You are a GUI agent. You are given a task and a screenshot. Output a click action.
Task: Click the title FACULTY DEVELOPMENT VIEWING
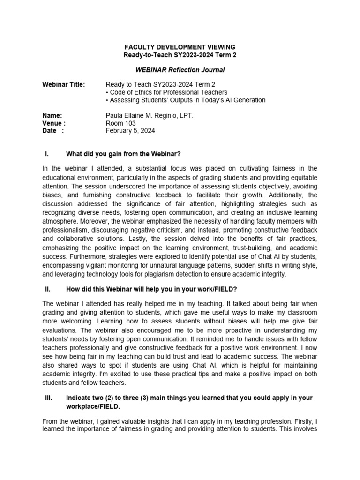pyautogui.click(x=180, y=47)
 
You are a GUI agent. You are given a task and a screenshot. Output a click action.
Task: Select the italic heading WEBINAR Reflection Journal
pyautogui.click(x=180, y=70)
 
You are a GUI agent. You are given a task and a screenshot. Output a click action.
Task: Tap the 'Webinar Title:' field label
pyautogui.click(x=64, y=85)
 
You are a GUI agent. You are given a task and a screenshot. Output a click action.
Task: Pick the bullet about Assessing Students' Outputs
pyautogui.click(x=186, y=100)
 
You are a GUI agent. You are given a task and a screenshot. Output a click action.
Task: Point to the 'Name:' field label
pyautogui.click(x=52, y=115)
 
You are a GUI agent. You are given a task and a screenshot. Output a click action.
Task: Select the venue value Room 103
pyautogui.click(x=121, y=123)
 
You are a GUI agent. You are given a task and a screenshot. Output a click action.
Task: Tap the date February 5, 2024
pyautogui.click(x=130, y=131)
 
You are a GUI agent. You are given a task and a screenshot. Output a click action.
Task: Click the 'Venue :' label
pyautogui.click(x=54, y=123)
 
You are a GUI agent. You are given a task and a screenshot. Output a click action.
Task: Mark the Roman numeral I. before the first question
pyautogui.click(x=47, y=154)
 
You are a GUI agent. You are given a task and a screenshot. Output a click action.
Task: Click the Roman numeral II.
pyautogui.click(x=47, y=289)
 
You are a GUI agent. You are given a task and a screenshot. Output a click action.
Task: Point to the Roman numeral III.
pyautogui.click(x=48, y=397)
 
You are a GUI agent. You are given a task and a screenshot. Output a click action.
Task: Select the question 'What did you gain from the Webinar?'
pyautogui.click(x=123, y=154)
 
